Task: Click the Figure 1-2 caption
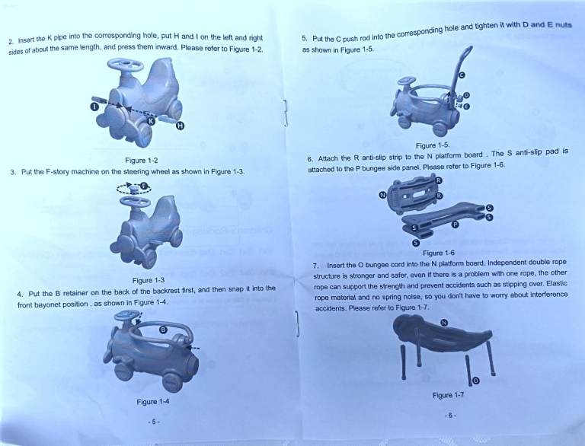coord(142,161)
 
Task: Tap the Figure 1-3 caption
coord(149,280)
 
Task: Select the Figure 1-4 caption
coord(153,402)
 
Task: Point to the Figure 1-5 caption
coord(433,145)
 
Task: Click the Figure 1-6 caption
coord(439,253)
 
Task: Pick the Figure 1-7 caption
coord(448,395)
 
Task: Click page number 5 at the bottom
coord(154,422)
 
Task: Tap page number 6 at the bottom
coord(450,415)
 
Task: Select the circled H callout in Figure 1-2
coord(181,126)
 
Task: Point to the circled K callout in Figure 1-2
coord(151,121)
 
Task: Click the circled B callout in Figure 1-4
coord(163,330)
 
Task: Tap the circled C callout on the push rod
coord(462,75)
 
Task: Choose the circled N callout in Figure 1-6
coord(382,195)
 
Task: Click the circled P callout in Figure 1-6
coord(455,225)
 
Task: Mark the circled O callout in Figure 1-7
coord(475,381)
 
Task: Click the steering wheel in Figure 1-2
coord(126,65)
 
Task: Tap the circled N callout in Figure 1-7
coord(444,323)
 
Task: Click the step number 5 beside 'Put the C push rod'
coord(305,38)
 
